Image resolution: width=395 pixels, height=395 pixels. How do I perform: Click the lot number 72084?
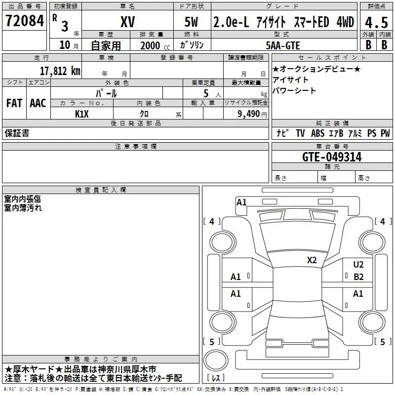[25, 20]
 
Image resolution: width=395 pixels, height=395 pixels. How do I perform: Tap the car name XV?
[128, 22]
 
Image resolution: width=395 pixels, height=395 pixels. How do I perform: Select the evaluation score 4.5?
[376, 23]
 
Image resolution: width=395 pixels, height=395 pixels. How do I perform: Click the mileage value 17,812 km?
[60, 71]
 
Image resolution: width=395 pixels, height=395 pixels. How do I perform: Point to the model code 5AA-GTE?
[283, 45]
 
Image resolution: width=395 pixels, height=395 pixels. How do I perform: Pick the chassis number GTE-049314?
[332, 157]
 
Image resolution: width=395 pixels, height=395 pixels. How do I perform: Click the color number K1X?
[82, 114]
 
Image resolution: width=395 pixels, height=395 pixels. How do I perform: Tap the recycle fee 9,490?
[248, 114]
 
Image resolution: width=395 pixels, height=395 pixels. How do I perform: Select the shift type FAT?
[14, 103]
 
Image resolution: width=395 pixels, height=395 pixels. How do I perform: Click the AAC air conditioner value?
[38, 103]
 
